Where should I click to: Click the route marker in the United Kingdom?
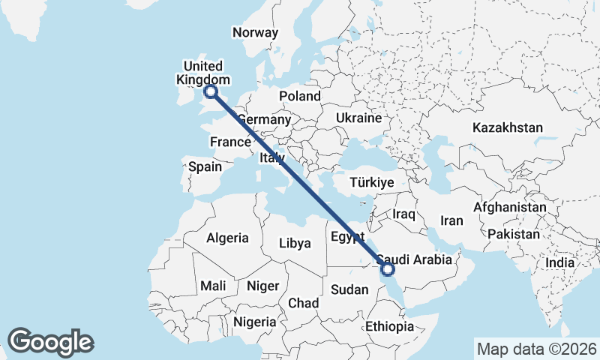[x=211, y=92]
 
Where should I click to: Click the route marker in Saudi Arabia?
[x=388, y=268]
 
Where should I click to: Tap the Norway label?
[x=255, y=32]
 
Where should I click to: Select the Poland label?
[x=299, y=96]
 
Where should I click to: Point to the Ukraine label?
[x=359, y=118]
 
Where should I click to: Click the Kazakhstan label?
[x=507, y=128]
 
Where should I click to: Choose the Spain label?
[x=205, y=166]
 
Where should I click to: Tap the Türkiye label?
[x=372, y=183]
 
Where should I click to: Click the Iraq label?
[x=403, y=214]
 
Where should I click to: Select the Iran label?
[x=451, y=220]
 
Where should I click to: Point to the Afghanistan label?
[x=510, y=206]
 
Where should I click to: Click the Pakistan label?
[x=513, y=234]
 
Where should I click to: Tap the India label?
[x=559, y=262]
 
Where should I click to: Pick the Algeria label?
[x=227, y=238]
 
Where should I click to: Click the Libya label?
[x=294, y=243]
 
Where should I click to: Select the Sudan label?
[x=349, y=289]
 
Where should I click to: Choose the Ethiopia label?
[x=389, y=327]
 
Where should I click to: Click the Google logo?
[x=50, y=342]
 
